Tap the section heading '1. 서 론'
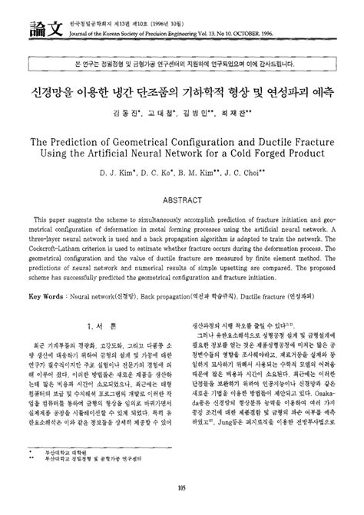tap(100, 325)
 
